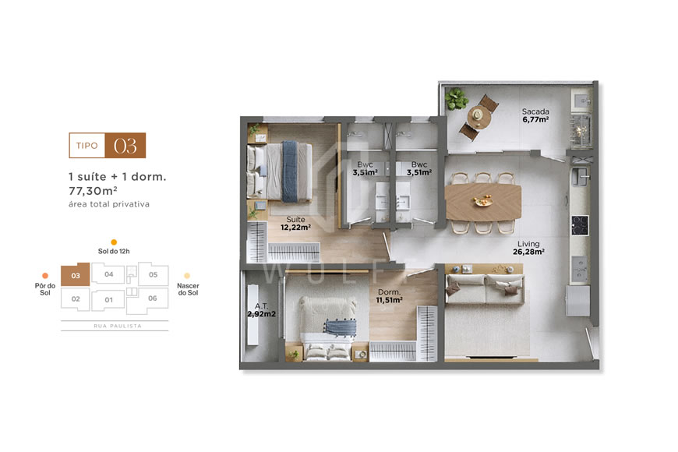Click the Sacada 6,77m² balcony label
pyautogui.click(x=535, y=115)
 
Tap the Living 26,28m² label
pyautogui.click(x=529, y=247)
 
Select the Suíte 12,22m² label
pyautogui.click(x=296, y=224)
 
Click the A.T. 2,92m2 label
pyautogui.click(x=261, y=311)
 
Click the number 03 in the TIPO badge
pyautogui.click(x=125, y=146)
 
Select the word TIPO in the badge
pyautogui.click(x=87, y=146)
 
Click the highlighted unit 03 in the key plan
pyautogui.click(x=75, y=275)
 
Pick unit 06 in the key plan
pyautogui.click(x=152, y=298)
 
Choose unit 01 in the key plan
pyautogui.click(x=109, y=299)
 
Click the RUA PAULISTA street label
pyautogui.click(x=114, y=326)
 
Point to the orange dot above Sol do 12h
pyautogui.click(x=114, y=242)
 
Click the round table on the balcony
pyautogui.click(x=475, y=116)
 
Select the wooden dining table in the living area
pyautogui.click(x=483, y=203)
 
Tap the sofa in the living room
pyautogui.click(x=483, y=291)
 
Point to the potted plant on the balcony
pyautogui.click(x=457, y=99)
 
